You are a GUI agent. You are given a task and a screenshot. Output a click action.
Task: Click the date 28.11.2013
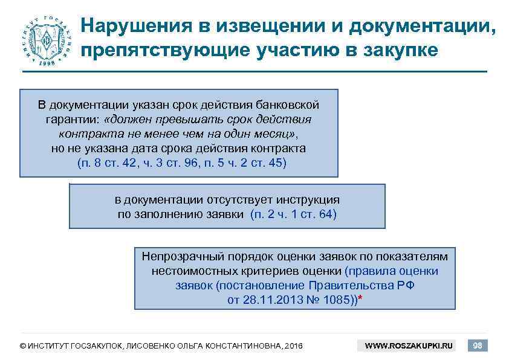pos(269,300)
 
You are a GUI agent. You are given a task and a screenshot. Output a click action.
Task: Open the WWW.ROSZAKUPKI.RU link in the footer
pos(409,346)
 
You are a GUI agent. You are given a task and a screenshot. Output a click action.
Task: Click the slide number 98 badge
pos(478,346)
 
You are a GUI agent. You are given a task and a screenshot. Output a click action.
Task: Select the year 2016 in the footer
pos(293,346)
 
